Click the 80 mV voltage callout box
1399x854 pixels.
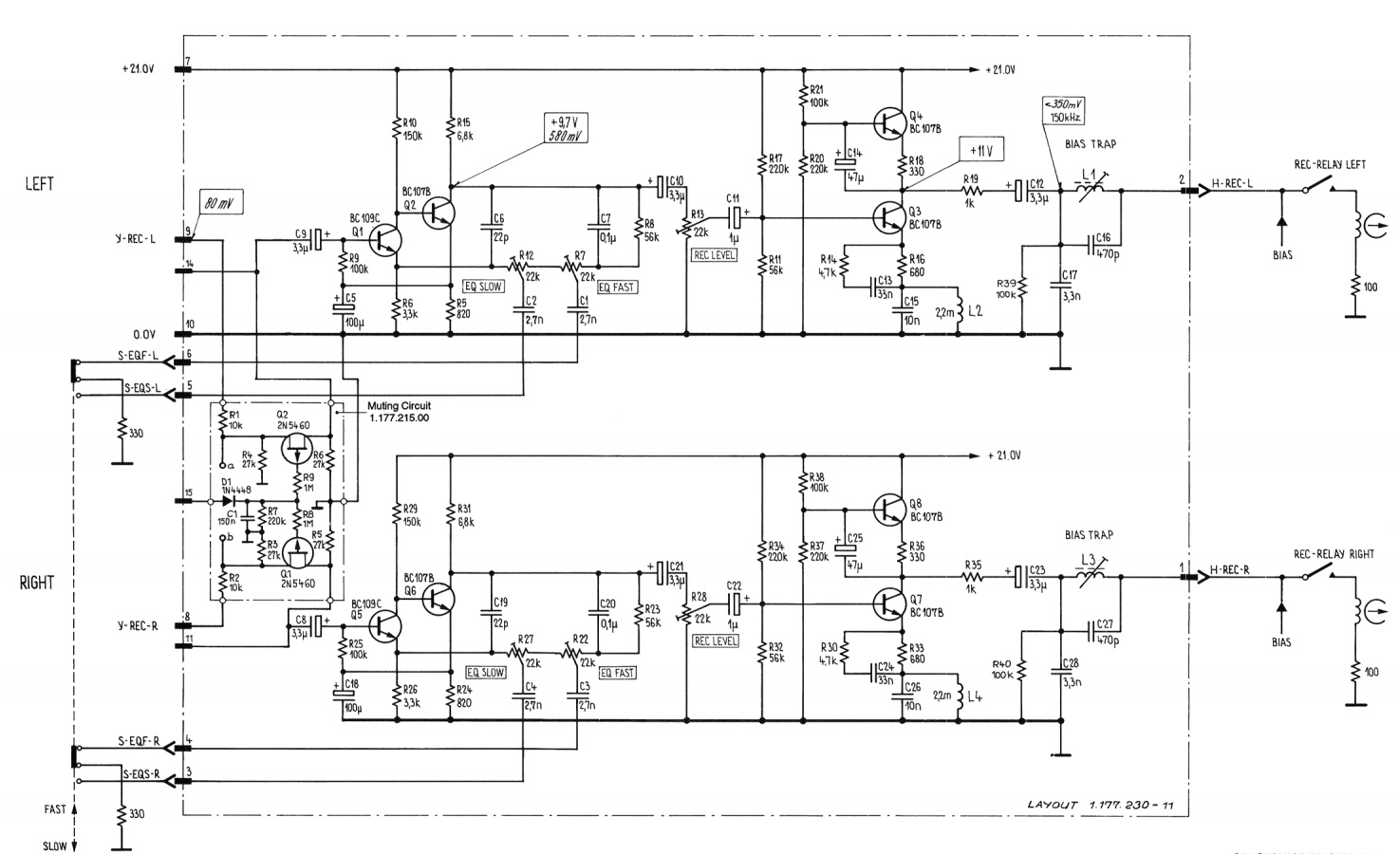(219, 201)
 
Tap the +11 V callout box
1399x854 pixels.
(980, 151)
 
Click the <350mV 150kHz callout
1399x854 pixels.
(1063, 111)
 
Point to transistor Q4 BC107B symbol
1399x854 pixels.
(890, 121)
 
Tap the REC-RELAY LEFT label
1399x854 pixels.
(1329, 164)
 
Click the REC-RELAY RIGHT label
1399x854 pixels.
(1332, 554)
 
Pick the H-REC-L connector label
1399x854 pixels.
(1231, 184)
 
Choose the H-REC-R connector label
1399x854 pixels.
(1231, 572)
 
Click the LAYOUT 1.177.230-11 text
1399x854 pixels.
(1101, 805)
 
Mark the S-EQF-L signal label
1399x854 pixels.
(139, 355)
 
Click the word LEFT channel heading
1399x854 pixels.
(39, 184)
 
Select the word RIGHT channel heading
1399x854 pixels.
(37, 583)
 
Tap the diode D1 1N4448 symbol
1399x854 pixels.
(229, 499)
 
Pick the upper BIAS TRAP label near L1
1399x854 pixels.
(1091, 144)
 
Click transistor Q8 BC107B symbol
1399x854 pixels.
(890, 509)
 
